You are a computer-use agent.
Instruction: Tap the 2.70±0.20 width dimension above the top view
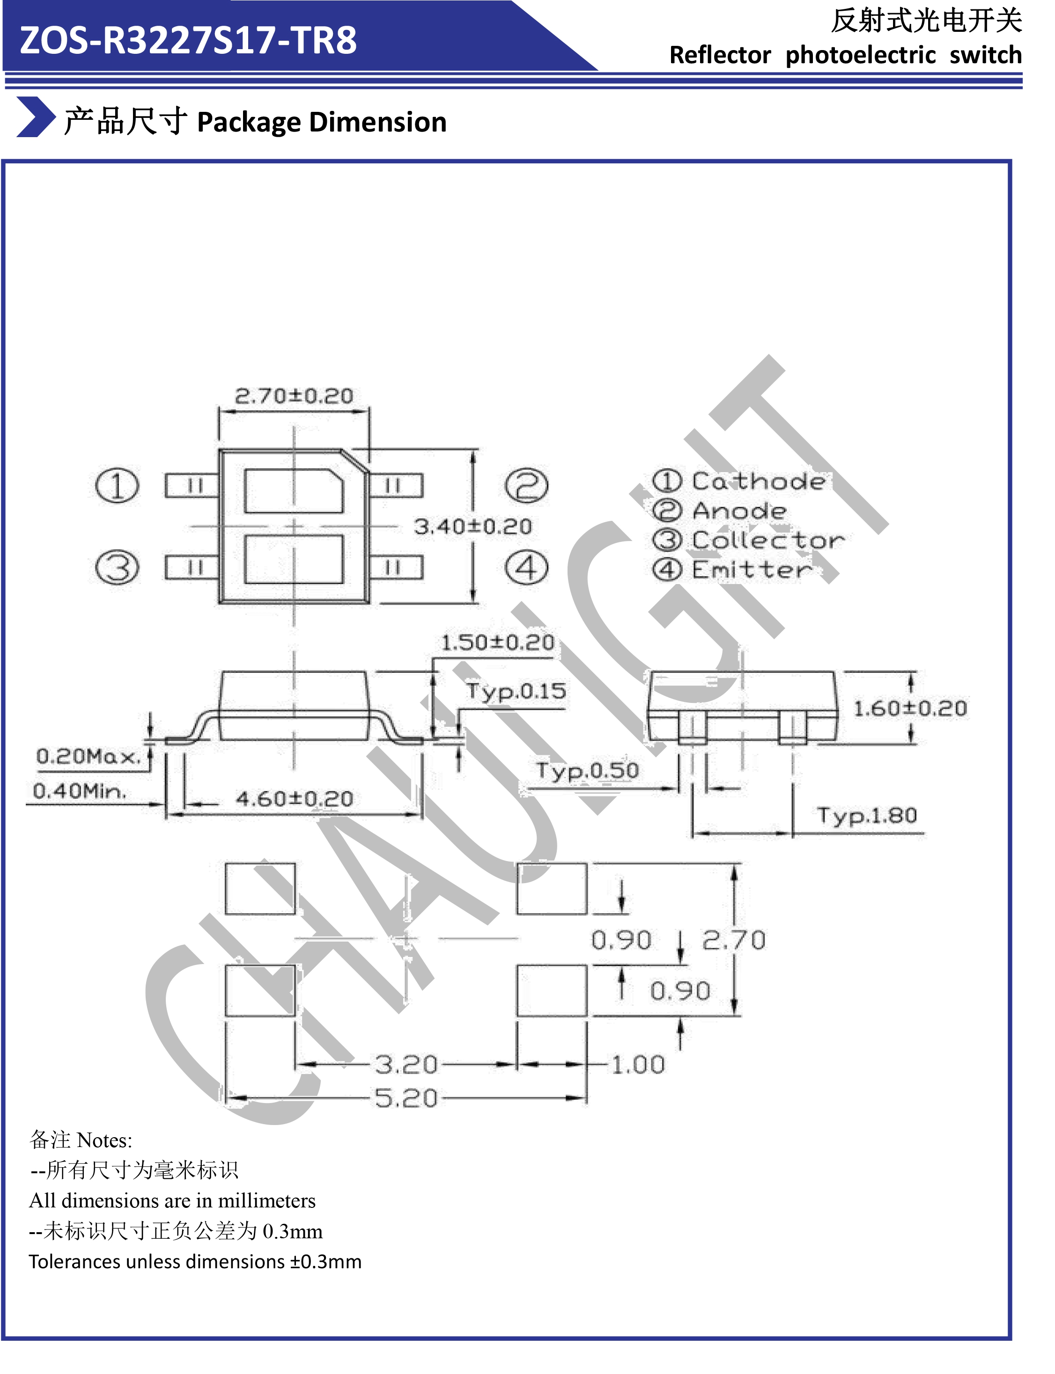[x=294, y=396]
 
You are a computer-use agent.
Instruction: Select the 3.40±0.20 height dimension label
[x=472, y=526]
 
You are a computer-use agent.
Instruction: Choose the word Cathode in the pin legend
[x=759, y=482]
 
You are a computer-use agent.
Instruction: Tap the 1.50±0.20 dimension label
[x=497, y=642]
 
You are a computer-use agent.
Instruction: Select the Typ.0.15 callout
[x=516, y=691]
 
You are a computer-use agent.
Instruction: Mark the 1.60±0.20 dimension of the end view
[x=909, y=709]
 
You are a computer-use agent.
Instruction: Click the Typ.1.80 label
[x=867, y=815]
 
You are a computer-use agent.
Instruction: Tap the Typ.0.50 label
[x=587, y=770]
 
